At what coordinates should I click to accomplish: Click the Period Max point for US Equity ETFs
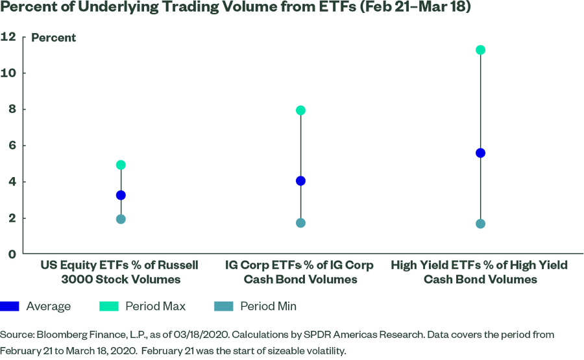pyautogui.click(x=121, y=165)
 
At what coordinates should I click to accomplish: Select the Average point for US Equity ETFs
pyautogui.click(x=121, y=195)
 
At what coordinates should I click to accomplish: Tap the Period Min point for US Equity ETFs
pyautogui.click(x=121, y=219)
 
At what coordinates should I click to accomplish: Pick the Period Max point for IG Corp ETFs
pyautogui.click(x=300, y=110)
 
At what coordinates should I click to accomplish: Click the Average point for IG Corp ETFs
pyautogui.click(x=300, y=181)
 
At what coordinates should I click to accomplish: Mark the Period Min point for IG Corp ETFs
pyautogui.click(x=300, y=223)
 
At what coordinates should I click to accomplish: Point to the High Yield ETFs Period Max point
pyautogui.click(x=481, y=50)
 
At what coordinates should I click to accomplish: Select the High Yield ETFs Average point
pyautogui.click(x=481, y=153)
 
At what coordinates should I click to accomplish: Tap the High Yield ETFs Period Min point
pyautogui.click(x=481, y=224)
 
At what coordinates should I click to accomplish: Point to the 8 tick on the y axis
pyautogui.click(x=11, y=110)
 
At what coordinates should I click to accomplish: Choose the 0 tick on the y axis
pyautogui.click(x=11, y=254)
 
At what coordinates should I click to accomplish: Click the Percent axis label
pyautogui.click(x=54, y=38)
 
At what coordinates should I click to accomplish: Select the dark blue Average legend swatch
pyautogui.click(x=10, y=306)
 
